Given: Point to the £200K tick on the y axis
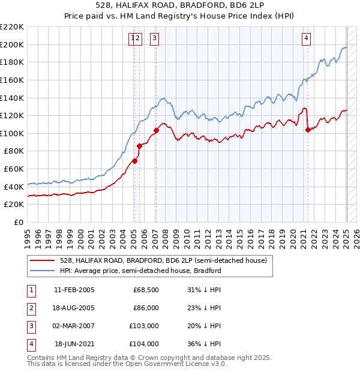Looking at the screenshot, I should pyautogui.click(x=13, y=44).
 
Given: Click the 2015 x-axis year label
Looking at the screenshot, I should pyautogui.click(x=241, y=234).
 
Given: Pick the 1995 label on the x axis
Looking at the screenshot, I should pyautogui.click(x=28, y=234).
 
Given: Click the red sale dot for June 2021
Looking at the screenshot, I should pyautogui.click(x=308, y=130).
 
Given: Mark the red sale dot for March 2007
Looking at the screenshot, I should pyautogui.click(x=156, y=130).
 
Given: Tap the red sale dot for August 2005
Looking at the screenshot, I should pyautogui.click(x=139, y=145).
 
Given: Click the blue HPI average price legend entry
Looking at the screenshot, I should pyautogui.click(x=140, y=271).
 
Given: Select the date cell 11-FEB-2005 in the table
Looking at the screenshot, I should pyautogui.click(x=74, y=290).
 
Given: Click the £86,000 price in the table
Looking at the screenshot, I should pyautogui.click(x=146, y=308).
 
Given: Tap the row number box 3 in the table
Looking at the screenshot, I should pyautogui.click(x=31, y=326).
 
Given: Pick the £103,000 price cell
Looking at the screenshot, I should pyautogui.click(x=144, y=326).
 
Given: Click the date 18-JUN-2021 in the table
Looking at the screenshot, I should pyautogui.click(x=74, y=344).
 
